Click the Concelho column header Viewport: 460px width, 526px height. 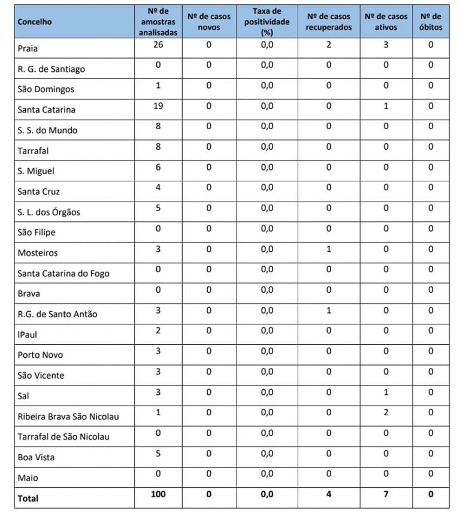click(x=35, y=22)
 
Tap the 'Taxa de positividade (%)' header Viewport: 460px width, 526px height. click(x=267, y=22)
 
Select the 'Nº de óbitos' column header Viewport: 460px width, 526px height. click(x=431, y=22)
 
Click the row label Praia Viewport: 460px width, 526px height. click(x=28, y=48)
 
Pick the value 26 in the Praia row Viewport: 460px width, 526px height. click(x=158, y=45)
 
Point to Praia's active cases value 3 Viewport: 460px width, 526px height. click(x=386, y=45)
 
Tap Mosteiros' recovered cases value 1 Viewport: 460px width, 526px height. click(x=329, y=249)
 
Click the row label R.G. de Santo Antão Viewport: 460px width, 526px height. click(x=57, y=314)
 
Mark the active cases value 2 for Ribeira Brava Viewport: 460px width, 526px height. click(x=386, y=412)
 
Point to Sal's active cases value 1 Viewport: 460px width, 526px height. click(x=386, y=392)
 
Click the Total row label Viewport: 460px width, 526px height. click(x=28, y=498)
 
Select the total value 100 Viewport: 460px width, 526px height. click(x=158, y=494)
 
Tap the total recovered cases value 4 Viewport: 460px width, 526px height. click(x=329, y=494)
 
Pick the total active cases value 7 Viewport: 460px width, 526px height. click(x=386, y=494)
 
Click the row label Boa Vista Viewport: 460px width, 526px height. click(x=36, y=457)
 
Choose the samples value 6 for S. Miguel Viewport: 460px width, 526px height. click(x=158, y=167)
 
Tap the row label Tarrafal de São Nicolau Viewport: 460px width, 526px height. click(x=63, y=437)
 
